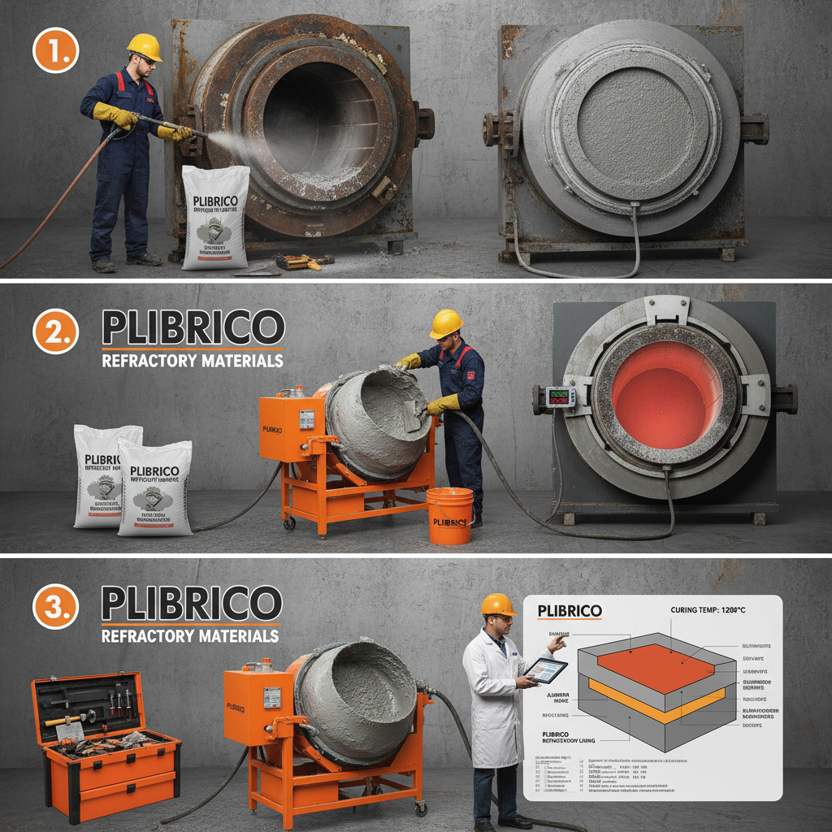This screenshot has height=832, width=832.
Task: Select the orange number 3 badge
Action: pyautogui.click(x=55, y=607)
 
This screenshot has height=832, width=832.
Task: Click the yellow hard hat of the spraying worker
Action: pyautogui.click(x=145, y=45)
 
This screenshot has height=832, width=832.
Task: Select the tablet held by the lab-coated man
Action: pyautogui.click(x=545, y=670)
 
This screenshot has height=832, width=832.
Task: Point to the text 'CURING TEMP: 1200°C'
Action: pyautogui.click(x=720, y=610)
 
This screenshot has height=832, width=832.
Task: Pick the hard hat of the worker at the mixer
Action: pyautogui.click(x=446, y=323)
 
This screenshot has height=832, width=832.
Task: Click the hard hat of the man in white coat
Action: pyautogui.click(x=496, y=604)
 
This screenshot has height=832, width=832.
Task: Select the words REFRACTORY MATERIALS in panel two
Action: pyautogui.click(x=193, y=360)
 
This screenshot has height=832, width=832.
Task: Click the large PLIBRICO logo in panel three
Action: pyautogui.click(x=193, y=603)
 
